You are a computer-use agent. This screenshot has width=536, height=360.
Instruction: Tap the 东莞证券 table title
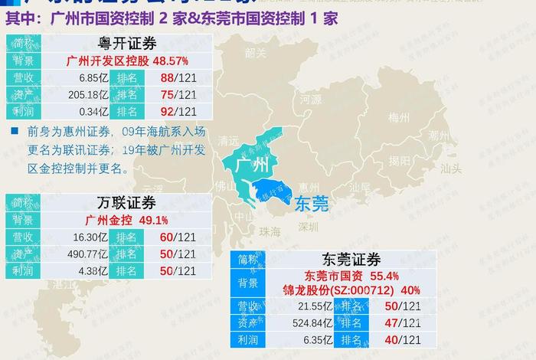point(353,260)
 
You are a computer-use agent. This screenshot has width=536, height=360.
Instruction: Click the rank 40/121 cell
point(403,340)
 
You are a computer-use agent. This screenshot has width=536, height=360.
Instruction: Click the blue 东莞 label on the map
point(311,203)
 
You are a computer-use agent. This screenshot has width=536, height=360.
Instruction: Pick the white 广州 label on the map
point(251,165)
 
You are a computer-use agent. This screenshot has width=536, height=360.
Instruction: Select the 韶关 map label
point(256,53)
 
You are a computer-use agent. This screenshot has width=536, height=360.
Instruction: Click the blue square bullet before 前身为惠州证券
point(15,131)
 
